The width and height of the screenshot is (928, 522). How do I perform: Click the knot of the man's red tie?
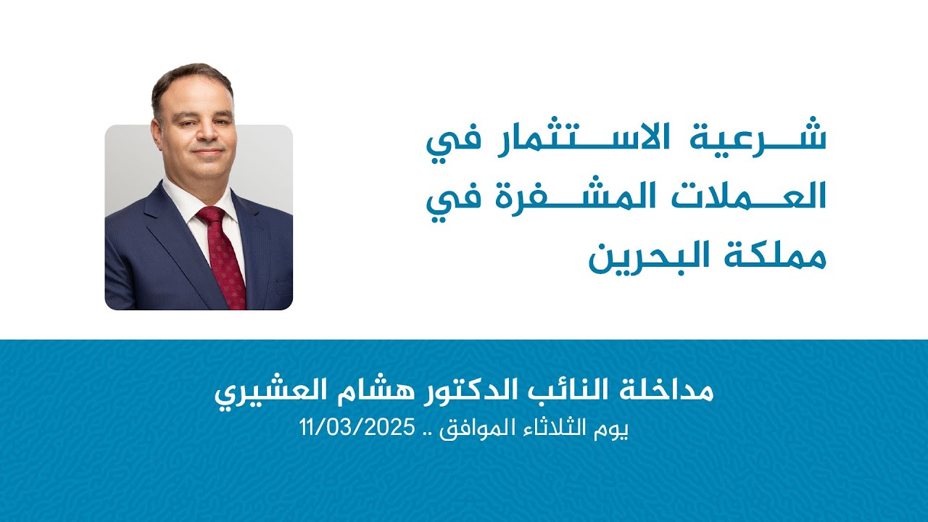211,215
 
